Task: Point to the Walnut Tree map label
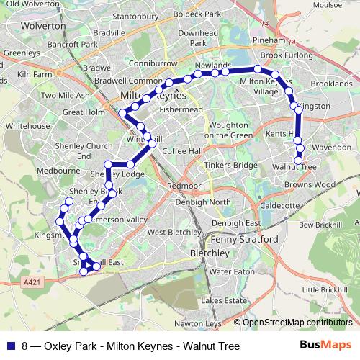point(294,166)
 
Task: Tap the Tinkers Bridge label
point(230,166)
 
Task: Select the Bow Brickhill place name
point(318,225)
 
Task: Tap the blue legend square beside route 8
point(9,346)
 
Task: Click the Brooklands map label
point(332,84)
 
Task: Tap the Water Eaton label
point(231,272)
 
